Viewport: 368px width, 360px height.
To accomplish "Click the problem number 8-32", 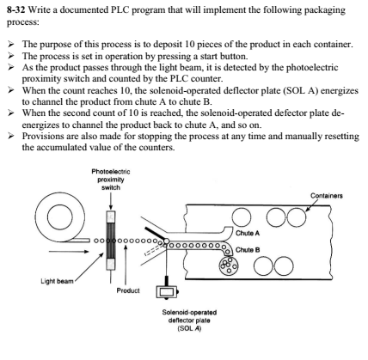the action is pos(16,10).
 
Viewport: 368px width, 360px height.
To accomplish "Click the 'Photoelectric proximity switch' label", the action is pos(111,180).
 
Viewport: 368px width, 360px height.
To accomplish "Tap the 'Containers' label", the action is pos(327,196).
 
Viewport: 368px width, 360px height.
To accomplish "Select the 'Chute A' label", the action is pos(248,233).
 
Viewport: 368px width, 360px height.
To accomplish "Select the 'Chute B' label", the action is pos(248,250).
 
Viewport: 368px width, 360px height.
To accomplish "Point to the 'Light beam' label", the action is pos(57,281).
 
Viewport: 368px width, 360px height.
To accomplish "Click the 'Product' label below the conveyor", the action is pos(128,290).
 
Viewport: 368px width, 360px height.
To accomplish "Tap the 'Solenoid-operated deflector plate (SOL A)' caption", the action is pos(189,320).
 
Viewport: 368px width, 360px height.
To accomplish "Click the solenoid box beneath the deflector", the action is pos(167,292).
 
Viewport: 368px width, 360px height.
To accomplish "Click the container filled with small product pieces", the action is pos(229,266).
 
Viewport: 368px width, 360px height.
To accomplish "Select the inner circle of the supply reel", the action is pos(59,217).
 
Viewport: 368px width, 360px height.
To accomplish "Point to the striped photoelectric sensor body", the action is pos(111,241).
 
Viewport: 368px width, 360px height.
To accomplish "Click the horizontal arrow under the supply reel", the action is pos(69,252).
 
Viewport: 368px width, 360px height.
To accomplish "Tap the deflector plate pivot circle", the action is pos(166,241).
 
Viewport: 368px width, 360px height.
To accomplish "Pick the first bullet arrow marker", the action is pos(11,44).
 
